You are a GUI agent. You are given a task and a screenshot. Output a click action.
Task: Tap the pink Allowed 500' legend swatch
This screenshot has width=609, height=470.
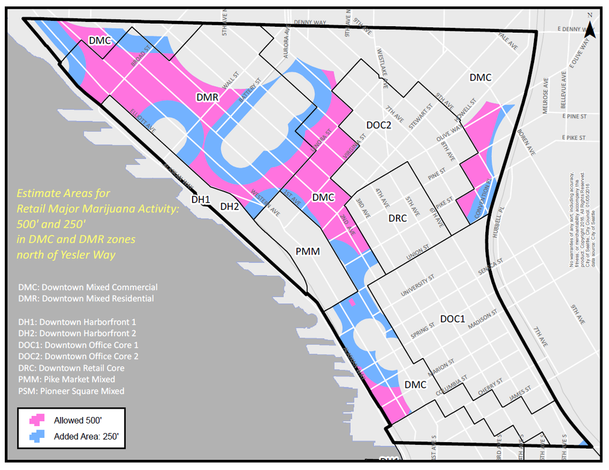[38, 419]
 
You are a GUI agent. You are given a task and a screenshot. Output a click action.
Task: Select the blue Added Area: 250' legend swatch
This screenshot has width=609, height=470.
[38, 436]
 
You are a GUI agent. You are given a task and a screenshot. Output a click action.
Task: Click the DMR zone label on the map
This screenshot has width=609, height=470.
[208, 96]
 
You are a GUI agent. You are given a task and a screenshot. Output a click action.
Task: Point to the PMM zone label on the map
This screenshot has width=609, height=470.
[307, 252]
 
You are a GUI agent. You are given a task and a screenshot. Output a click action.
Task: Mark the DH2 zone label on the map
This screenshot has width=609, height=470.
[230, 206]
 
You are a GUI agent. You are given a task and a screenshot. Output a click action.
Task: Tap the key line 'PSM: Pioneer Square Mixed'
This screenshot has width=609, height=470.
[71, 391]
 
